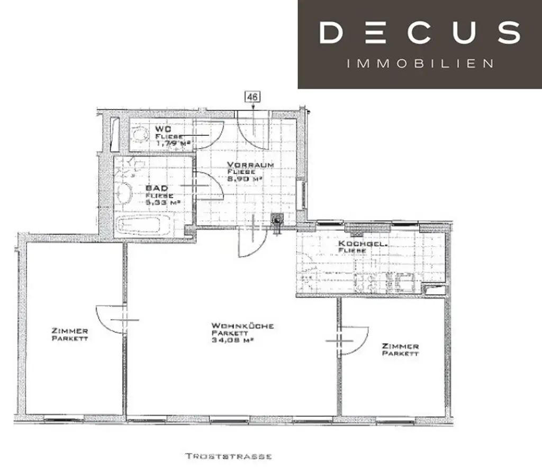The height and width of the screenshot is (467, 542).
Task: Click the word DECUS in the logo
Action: [x=419, y=32]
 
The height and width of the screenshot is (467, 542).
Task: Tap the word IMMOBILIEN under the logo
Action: [x=419, y=63]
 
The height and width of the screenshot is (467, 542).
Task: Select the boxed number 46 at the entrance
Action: [x=252, y=97]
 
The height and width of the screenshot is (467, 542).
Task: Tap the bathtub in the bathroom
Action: [x=141, y=226]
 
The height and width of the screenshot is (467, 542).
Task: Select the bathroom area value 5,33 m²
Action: [x=164, y=202]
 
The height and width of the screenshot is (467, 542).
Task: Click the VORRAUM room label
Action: [x=250, y=164]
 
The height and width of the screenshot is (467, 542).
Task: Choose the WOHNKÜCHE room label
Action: [x=242, y=326]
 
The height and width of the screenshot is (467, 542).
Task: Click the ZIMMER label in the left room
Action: [x=70, y=331]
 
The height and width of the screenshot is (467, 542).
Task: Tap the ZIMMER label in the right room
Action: [x=400, y=346]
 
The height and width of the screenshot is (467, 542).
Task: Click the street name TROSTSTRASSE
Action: [x=229, y=456]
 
